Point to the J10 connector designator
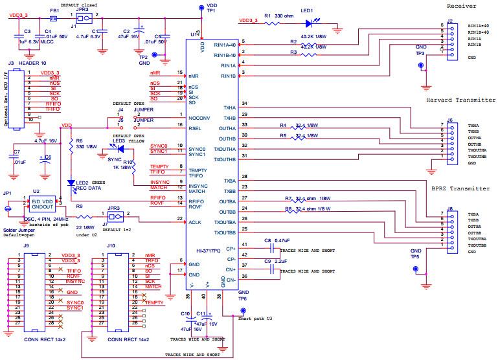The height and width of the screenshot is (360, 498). [x=111, y=246]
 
